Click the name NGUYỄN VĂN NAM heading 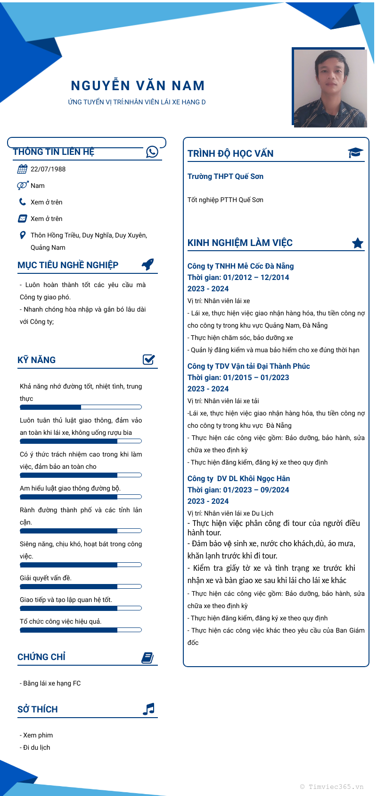coord(138,86)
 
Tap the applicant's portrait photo coord(330,88)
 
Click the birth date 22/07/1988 coord(48,169)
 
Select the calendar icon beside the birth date coord(22,169)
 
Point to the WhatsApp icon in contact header coord(152,152)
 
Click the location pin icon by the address coord(22,235)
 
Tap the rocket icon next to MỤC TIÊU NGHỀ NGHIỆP coord(148,264)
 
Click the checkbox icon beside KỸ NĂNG coord(149,360)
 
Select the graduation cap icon coord(355,152)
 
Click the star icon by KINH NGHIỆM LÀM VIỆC coord(358,243)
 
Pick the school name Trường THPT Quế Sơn coord(225,177)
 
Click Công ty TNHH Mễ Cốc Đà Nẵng coord(240,266)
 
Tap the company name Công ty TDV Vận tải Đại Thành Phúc coord(248,366)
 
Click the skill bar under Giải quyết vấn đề coord(81,586)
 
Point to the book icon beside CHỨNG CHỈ coord(148,658)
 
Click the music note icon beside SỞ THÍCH coord(148,709)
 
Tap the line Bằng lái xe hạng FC coord(50,683)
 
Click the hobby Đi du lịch coord(35,747)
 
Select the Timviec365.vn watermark coord(332,787)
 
